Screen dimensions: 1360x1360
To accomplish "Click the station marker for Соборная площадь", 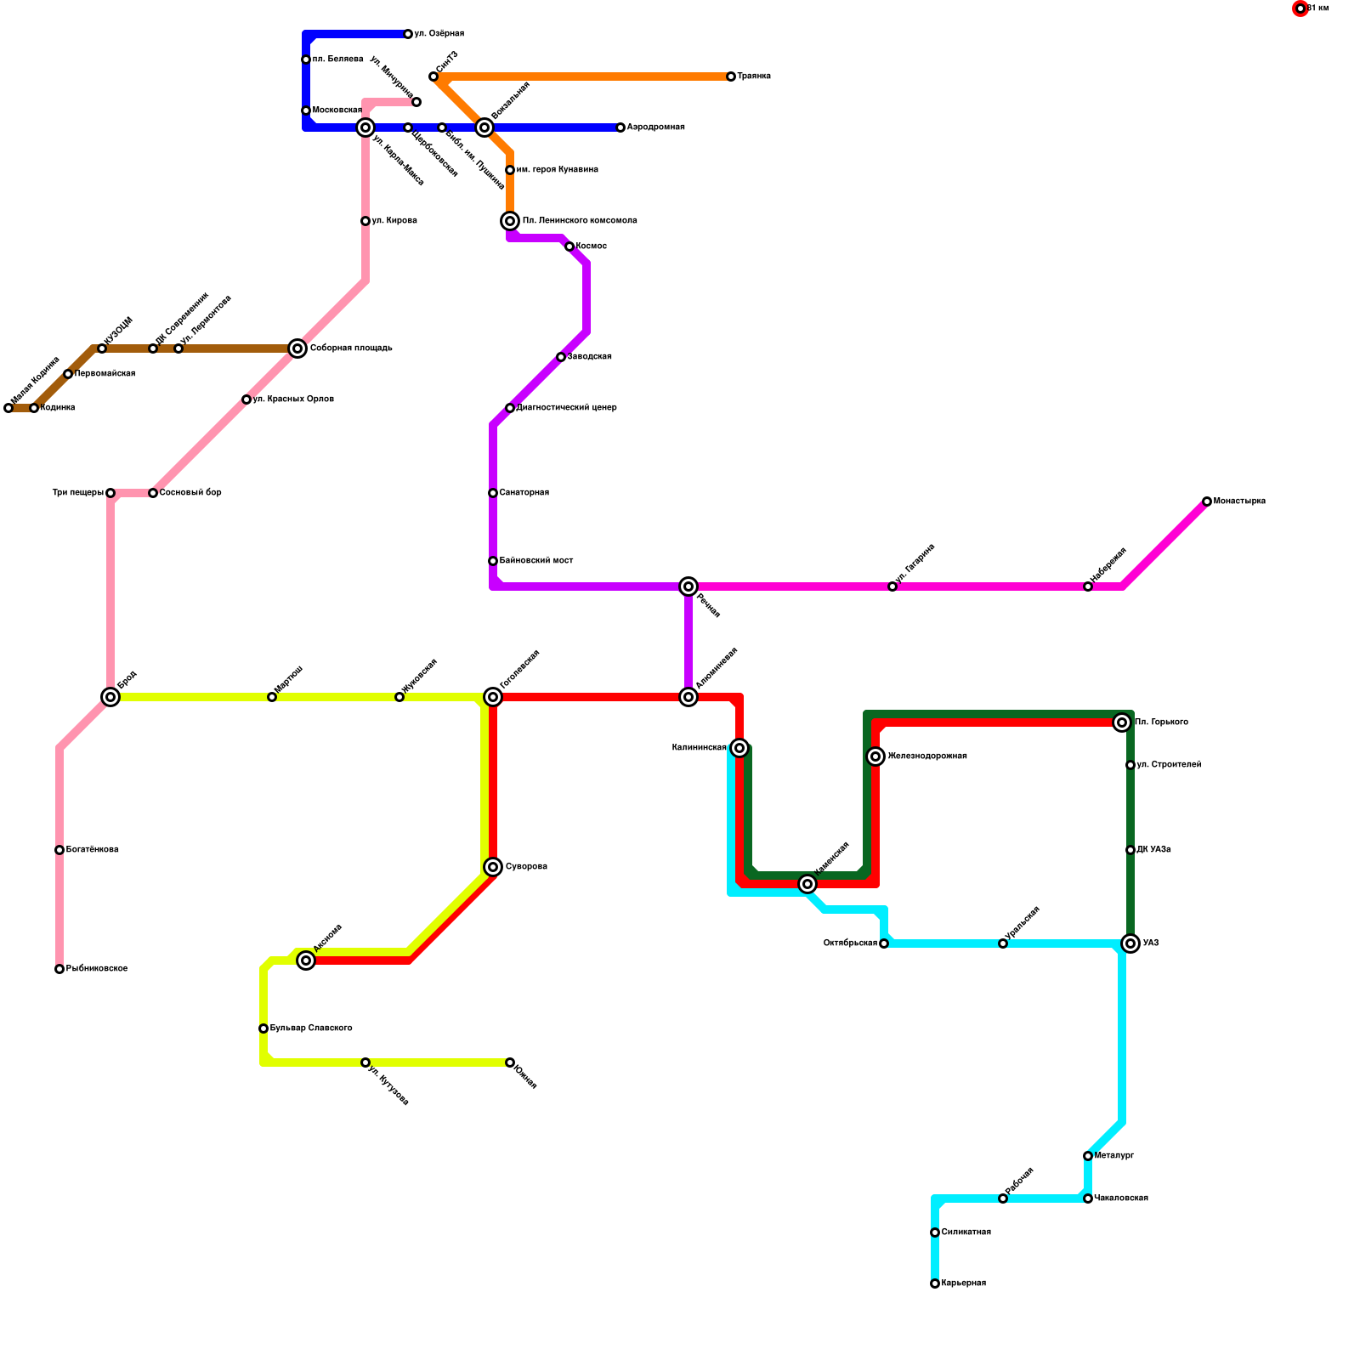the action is (297, 348).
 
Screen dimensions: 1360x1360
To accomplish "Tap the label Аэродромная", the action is (655, 127).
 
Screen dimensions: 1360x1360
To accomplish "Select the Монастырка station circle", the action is (1207, 501).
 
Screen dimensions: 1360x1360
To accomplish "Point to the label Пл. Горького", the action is (1161, 722).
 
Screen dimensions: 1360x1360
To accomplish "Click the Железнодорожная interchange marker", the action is (875, 756).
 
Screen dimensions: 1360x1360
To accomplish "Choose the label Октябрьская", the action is (850, 943).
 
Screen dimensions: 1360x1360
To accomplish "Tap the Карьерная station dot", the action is (935, 1283).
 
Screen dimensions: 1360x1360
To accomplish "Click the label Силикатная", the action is (966, 1232).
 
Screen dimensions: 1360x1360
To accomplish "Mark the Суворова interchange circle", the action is (493, 867).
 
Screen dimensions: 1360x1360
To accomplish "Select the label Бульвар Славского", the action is (311, 1028).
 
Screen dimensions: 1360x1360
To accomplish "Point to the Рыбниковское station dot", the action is (59, 969).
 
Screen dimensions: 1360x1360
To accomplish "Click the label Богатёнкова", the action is (92, 850).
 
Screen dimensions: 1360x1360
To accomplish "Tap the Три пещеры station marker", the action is (110, 493).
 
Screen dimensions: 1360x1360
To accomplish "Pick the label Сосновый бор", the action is (190, 493).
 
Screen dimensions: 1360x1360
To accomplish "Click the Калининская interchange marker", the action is (739, 748).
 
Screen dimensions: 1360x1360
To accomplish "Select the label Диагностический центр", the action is (566, 408).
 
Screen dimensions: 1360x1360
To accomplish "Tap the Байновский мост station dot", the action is (493, 561).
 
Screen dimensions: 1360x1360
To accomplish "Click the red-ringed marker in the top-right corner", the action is (1300, 8).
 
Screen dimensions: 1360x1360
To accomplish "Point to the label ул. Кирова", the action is (394, 221).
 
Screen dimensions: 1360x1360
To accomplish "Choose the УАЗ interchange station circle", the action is (1130, 943).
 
